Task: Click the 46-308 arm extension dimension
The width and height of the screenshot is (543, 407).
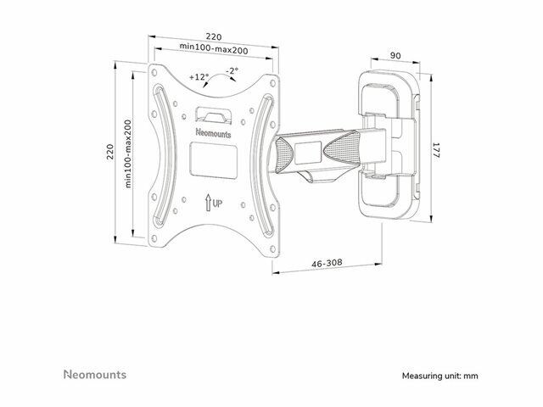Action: click(327, 264)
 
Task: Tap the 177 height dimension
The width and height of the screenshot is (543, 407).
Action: click(435, 151)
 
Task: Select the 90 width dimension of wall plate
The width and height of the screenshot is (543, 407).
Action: click(395, 55)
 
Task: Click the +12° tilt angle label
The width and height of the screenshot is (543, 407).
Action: click(199, 77)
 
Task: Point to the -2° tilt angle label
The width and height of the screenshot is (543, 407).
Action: click(232, 71)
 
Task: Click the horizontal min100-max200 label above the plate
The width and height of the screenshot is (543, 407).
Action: click(214, 47)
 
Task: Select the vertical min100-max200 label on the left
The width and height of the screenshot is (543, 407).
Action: click(128, 154)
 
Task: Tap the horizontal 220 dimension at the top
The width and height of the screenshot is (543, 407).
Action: click(214, 36)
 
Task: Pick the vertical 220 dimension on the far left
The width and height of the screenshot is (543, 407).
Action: click(109, 152)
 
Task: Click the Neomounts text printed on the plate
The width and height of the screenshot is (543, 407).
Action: click(213, 133)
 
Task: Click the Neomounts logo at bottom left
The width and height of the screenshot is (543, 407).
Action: click(95, 375)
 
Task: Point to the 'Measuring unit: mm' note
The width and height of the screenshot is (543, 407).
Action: click(439, 376)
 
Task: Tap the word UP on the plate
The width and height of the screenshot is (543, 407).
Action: click(217, 203)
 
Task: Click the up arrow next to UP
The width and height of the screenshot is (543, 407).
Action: click(208, 203)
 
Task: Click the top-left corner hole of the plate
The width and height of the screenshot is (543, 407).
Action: click(154, 73)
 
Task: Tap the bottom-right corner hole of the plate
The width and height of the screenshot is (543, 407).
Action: click(272, 248)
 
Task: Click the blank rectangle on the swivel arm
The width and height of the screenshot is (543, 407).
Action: click(308, 153)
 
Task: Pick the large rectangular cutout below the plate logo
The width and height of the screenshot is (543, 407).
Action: click(213, 161)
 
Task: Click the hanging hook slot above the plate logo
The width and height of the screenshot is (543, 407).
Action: click(213, 114)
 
